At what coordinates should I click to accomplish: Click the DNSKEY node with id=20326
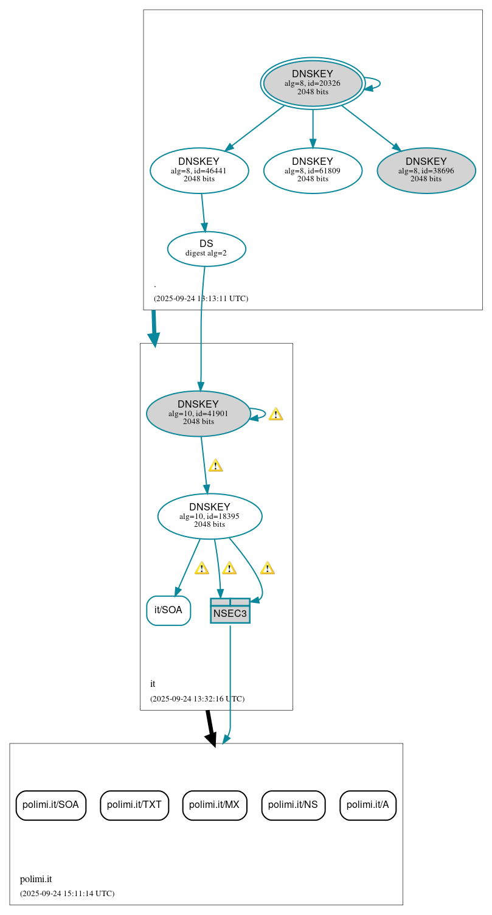point(313,83)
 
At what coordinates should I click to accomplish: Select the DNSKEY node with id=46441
point(199,170)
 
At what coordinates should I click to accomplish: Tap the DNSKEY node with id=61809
point(313,170)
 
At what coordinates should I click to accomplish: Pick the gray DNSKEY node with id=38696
point(426,170)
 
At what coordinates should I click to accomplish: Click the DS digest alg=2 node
point(206,248)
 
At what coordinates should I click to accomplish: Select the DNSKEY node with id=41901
point(198,413)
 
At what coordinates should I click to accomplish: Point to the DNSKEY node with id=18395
point(209,516)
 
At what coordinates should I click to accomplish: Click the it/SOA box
point(168,610)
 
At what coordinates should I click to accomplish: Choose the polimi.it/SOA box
point(50,805)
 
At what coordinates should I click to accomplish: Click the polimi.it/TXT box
point(134,805)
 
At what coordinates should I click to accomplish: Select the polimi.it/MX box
point(214,805)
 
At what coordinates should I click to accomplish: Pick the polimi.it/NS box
point(293,805)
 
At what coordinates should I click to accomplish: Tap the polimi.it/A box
point(368,805)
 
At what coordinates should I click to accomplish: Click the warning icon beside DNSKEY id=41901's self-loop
point(275,414)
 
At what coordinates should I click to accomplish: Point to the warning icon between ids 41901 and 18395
point(215,465)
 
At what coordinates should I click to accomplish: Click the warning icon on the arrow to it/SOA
point(201,568)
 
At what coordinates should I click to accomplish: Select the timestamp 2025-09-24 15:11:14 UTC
point(67,893)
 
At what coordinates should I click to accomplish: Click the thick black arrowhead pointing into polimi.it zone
point(210,739)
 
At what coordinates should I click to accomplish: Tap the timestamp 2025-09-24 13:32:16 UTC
point(197,698)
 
